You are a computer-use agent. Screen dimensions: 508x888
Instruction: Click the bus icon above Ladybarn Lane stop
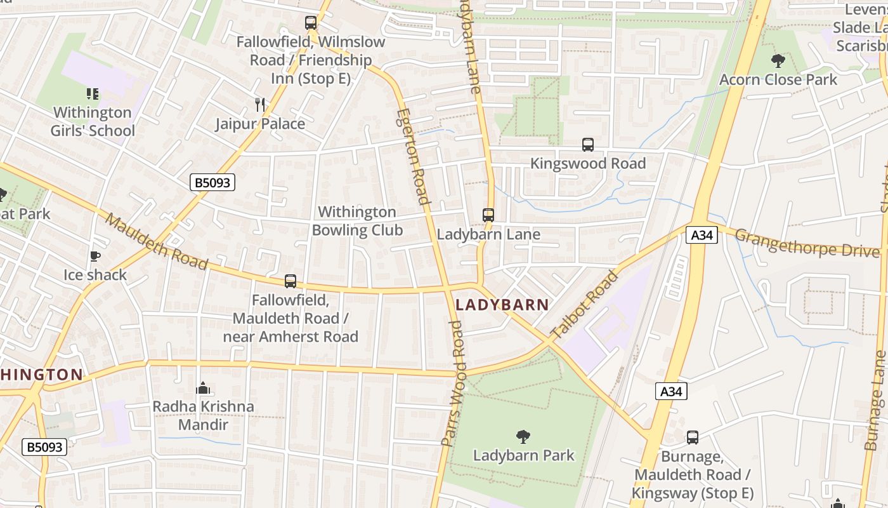click(x=488, y=215)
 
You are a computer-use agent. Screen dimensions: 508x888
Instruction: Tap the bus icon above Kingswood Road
click(x=588, y=145)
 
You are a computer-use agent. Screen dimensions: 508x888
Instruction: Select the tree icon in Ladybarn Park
click(x=523, y=436)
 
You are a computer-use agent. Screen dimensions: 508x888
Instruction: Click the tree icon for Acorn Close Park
click(x=778, y=61)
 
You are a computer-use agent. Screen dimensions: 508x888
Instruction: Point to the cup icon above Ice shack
click(x=95, y=257)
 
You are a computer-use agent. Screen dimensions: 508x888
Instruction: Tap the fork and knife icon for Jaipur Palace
click(x=259, y=104)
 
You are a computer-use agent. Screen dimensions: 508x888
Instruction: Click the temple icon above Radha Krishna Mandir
click(x=203, y=387)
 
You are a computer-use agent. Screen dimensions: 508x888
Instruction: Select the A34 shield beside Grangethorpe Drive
click(x=702, y=235)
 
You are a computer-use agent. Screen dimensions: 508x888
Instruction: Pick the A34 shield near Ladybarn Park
click(x=671, y=391)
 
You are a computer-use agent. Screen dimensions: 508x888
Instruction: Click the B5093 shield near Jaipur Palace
click(x=212, y=183)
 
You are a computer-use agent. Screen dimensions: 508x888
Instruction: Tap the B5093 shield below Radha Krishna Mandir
click(x=44, y=447)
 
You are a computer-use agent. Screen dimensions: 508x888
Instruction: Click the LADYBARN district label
click(x=502, y=305)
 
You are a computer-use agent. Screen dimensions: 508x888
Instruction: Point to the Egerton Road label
click(x=414, y=156)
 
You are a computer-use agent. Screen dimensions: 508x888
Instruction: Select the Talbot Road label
click(x=584, y=305)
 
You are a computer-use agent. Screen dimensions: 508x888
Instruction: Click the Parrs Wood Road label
click(x=455, y=383)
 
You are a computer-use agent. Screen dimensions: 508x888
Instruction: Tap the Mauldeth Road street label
click(x=157, y=241)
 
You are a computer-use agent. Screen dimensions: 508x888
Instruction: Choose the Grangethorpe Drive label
click(x=807, y=243)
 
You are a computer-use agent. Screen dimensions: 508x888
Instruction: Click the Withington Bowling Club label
click(x=357, y=221)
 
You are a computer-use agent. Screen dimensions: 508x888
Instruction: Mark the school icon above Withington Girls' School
click(x=93, y=94)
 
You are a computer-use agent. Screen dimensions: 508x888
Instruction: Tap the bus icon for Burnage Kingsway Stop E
click(x=693, y=438)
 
